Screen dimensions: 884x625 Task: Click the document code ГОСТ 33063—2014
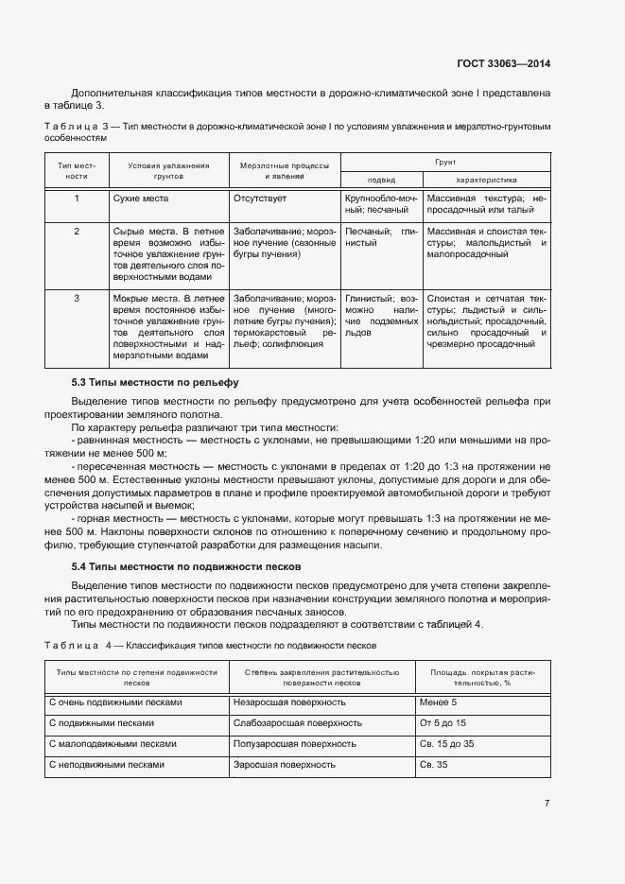(x=503, y=64)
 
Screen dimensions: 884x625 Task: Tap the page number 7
(x=547, y=803)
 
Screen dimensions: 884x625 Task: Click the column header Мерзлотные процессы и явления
(x=285, y=170)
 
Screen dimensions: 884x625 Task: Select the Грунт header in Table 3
(x=445, y=163)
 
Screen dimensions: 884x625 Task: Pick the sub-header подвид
(x=381, y=180)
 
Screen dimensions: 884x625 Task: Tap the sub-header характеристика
(x=486, y=180)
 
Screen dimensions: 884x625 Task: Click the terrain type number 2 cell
(x=77, y=231)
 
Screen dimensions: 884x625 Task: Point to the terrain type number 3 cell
(x=77, y=298)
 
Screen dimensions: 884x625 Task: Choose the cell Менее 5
(x=438, y=703)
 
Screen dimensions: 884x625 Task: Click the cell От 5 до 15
(x=443, y=723)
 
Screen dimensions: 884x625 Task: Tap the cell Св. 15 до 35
(x=448, y=744)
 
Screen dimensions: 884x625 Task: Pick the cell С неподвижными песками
(x=106, y=764)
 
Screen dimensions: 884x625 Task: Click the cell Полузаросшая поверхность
(x=295, y=744)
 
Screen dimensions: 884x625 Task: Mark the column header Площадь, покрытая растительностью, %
(x=482, y=676)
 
